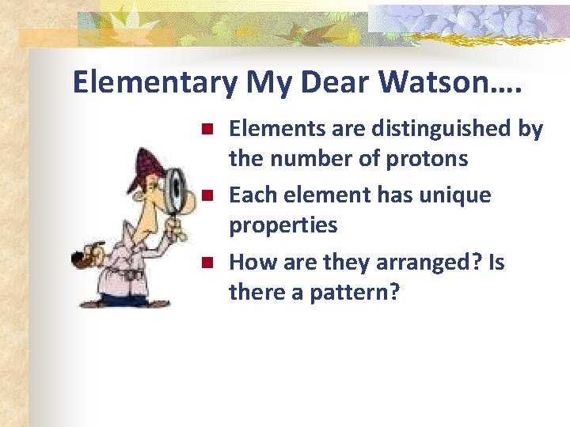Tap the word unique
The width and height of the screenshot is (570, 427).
coord(454,195)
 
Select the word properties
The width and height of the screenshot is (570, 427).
coord(283,225)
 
